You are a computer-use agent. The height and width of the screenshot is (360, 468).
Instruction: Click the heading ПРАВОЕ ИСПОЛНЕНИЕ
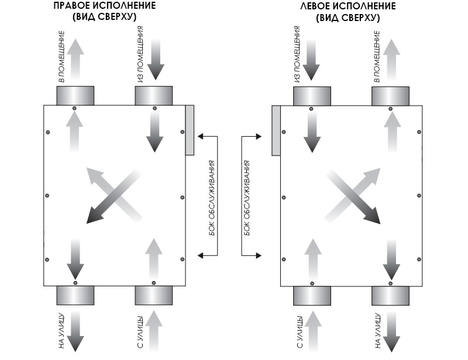[105, 6]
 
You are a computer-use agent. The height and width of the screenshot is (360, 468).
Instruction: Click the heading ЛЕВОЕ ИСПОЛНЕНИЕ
[348, 6]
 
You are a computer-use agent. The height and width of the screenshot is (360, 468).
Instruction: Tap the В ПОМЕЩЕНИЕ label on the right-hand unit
[377, 56]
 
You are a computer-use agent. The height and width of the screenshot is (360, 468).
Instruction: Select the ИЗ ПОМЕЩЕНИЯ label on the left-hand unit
[140, 54]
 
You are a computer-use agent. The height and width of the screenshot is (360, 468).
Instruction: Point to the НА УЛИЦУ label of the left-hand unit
[61, 331]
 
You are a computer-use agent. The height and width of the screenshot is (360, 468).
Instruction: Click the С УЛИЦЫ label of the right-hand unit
[300, 332]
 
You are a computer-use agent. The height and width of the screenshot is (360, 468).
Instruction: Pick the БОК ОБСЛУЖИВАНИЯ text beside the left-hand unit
[212, 198]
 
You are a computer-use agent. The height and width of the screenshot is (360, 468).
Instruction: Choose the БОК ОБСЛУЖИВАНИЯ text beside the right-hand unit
[247, 198]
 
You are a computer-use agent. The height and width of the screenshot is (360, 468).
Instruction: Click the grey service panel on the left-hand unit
[190, 130]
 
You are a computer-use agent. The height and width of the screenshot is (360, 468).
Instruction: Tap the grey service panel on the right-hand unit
[276, 131]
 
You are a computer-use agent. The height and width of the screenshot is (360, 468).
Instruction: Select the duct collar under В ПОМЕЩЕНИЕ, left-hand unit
[75, 96]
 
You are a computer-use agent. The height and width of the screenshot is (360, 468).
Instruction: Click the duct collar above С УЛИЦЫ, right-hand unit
[312, 296]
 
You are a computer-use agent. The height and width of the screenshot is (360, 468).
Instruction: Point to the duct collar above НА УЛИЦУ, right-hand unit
[390, 296]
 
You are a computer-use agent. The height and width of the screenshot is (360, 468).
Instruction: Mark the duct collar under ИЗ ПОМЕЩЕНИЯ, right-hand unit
[312, 96]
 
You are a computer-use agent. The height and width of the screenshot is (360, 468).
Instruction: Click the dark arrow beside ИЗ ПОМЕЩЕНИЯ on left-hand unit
[156, 60]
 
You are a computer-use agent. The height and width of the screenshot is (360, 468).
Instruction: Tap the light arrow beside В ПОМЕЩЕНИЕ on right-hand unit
[391, 60]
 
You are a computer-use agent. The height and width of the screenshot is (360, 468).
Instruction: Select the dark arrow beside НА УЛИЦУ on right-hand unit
[391, 331]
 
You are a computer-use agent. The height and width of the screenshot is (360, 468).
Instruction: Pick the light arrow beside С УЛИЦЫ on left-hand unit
[154, 331]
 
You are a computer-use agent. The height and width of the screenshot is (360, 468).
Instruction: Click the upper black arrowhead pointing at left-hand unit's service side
[201, 136]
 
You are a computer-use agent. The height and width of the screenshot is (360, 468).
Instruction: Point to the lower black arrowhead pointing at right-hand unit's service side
[259, 255]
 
